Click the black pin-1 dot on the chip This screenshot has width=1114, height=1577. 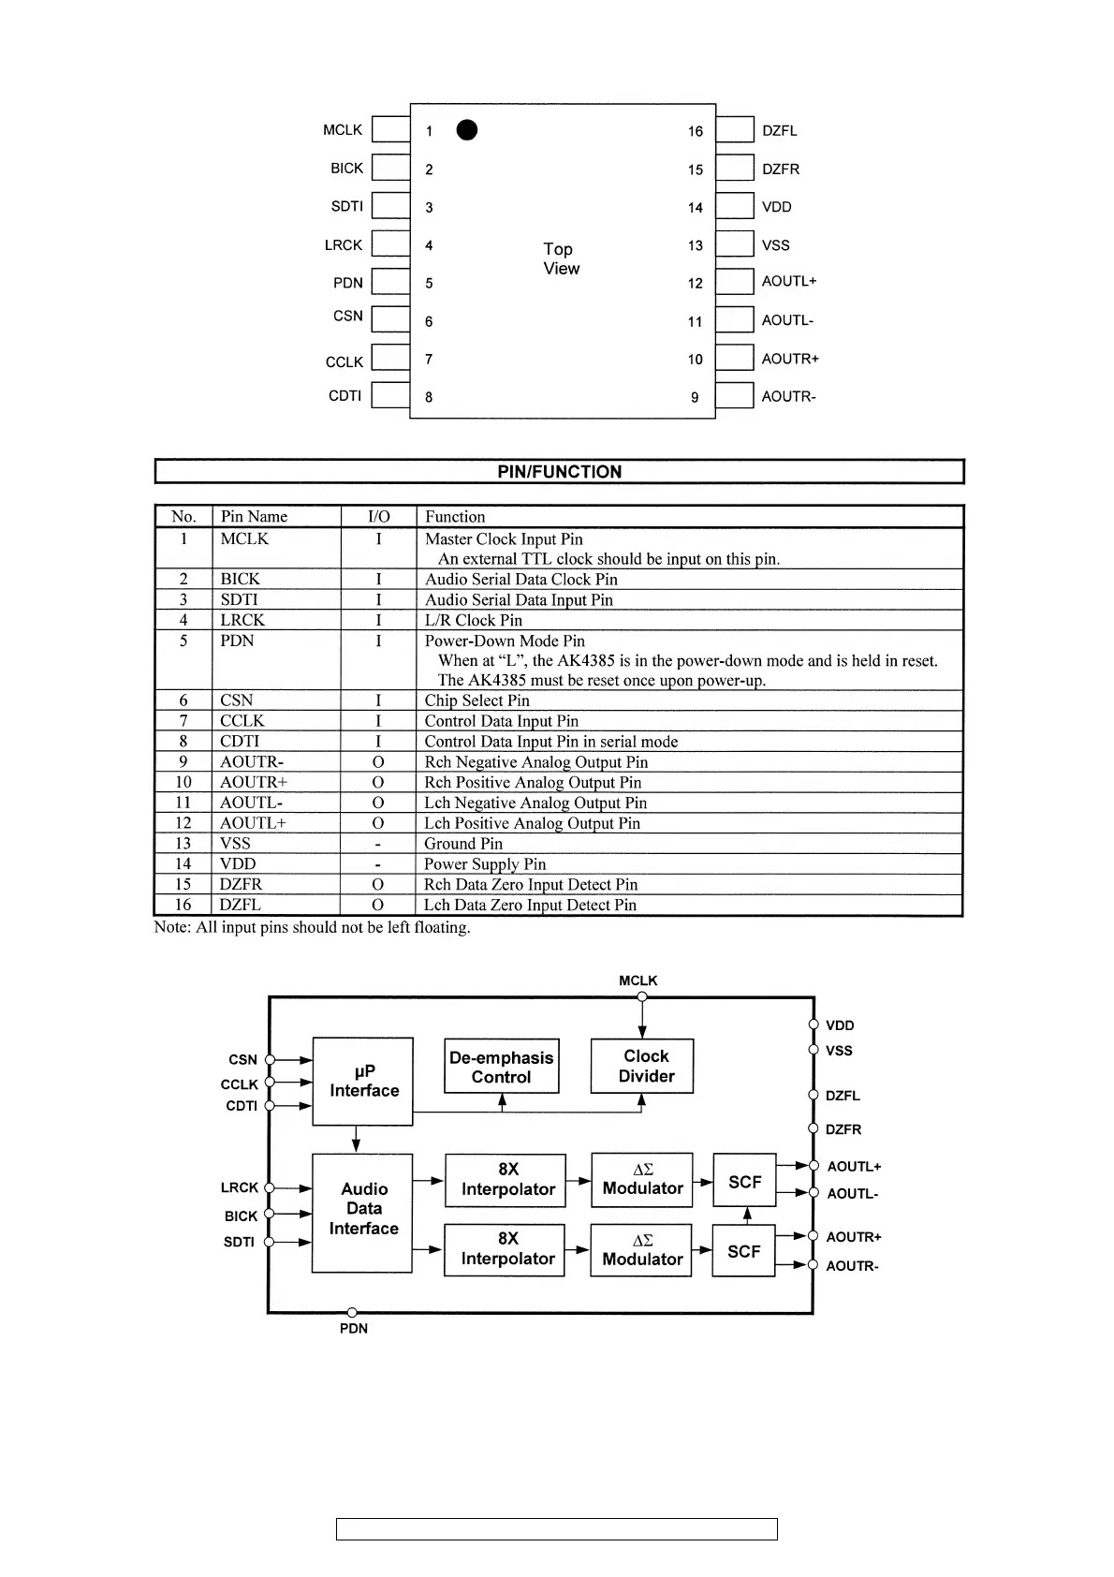[467, 130]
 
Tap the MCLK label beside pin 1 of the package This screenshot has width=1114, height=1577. [343, 130]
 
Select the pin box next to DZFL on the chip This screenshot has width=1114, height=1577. [735, 129]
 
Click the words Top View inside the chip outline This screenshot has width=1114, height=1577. [561, 258]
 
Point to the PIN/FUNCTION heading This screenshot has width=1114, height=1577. [559, 472]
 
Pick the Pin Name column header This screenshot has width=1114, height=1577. [254, 517]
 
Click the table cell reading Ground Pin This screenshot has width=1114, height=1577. [463, 844]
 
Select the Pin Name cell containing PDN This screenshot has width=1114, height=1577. [237, 641]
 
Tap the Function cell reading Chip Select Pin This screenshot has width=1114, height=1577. [476, 700]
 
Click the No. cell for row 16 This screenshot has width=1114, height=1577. [183, 905]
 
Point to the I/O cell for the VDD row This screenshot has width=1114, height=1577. [378, 864]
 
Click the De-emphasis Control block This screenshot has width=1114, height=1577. [502, 1067]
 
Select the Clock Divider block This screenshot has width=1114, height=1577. [643, 1067]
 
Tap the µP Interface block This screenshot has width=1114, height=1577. [363, 1081]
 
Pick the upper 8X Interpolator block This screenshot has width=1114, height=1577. [506, 1180]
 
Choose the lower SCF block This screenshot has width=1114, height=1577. [744, 1251]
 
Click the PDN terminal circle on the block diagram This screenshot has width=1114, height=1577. [352, 1313]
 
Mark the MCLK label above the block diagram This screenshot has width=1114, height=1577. [638, 980]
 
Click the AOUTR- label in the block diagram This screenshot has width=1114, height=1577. [852, 1266]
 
